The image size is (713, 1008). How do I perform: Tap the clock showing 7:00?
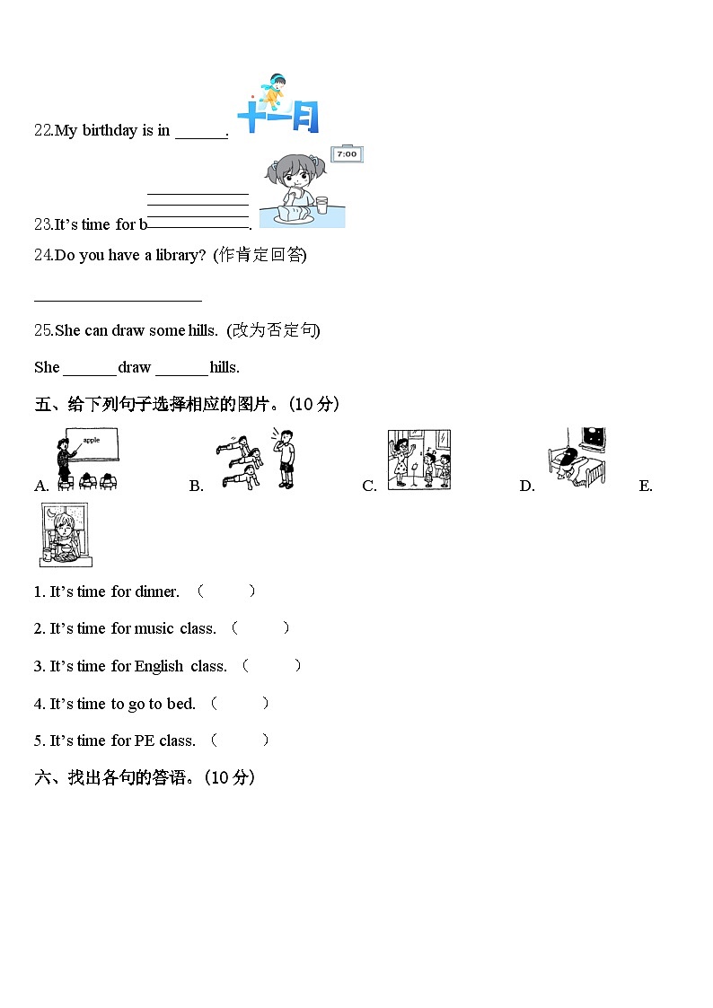346,154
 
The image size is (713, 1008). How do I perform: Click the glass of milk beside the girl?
321,206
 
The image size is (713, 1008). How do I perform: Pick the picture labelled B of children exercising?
256,459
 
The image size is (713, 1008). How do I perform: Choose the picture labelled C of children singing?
418,460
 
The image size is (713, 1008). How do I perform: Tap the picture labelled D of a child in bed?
577,456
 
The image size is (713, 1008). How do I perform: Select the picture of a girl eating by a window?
65,534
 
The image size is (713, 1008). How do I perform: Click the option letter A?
41,486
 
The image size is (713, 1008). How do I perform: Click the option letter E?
646,486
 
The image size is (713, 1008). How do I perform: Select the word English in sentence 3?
159,666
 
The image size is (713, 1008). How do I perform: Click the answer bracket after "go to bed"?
240,704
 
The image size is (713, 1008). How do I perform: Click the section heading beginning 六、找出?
145,778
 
